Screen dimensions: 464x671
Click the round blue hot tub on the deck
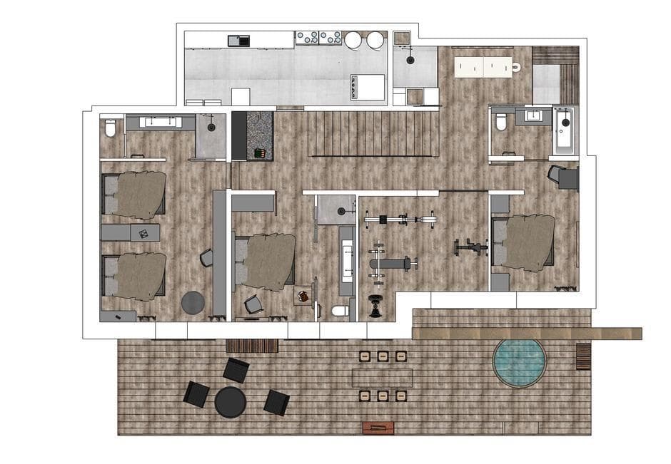[519, 363]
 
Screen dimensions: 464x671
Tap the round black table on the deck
[231, 402]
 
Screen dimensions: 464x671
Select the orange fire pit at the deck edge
[378, 428]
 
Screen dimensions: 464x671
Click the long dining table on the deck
[382, 377]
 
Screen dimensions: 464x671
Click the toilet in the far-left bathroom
[111, 128]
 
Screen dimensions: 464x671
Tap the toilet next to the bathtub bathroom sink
[501, 122]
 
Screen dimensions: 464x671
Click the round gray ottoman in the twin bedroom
[193, 303]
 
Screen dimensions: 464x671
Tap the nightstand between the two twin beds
[130, 233]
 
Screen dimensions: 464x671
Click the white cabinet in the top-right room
[483, 67]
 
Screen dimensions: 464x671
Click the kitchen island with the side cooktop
[367, 87]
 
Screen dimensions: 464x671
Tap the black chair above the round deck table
[236, 371]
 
